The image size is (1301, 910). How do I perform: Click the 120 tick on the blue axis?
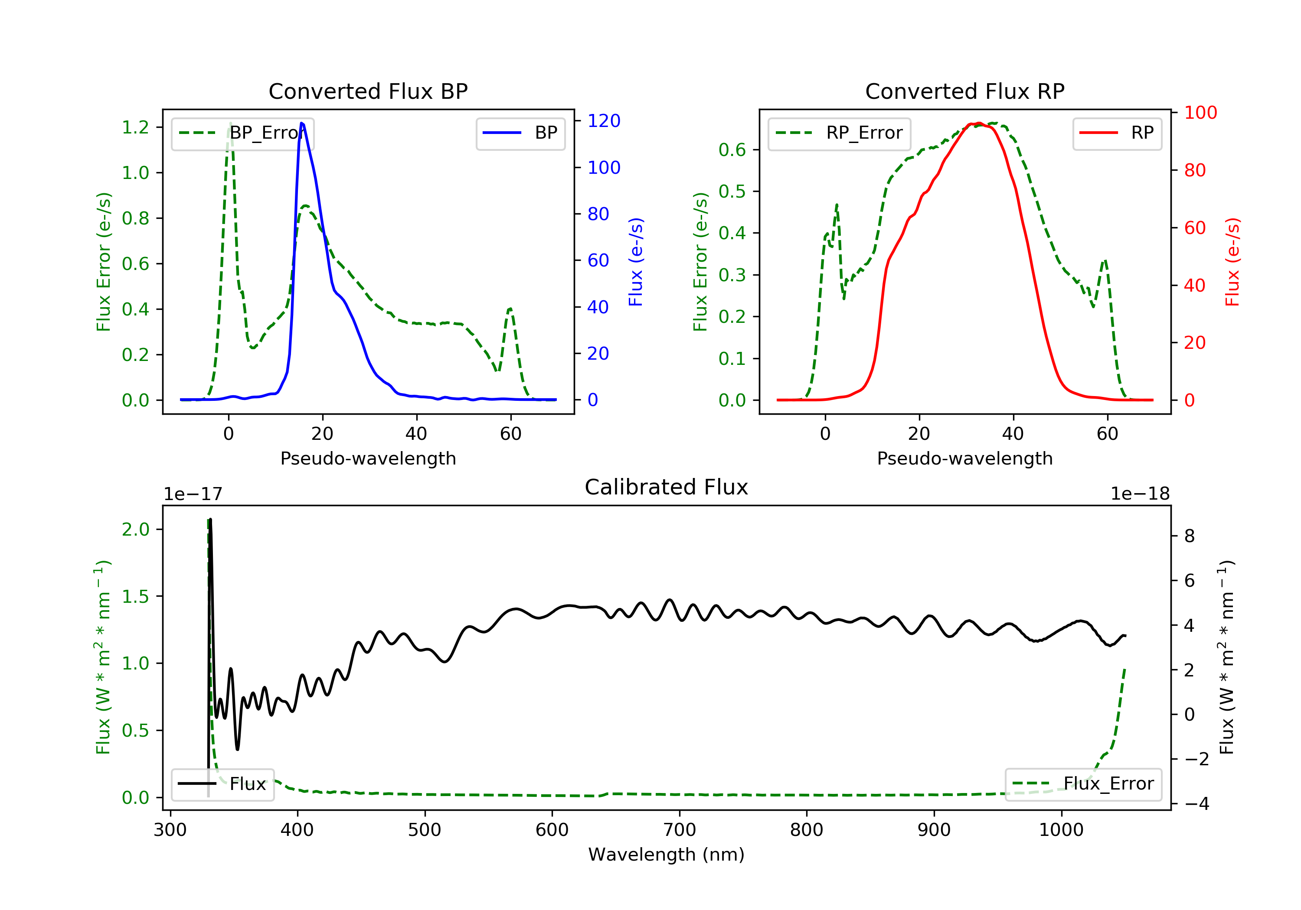(x=604, y=120)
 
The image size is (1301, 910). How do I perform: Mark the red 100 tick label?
(x=1200, y=113)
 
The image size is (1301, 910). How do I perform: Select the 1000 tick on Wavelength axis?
(x=1061, y=830)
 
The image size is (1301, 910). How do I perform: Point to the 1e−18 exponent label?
(x=1140, y=494)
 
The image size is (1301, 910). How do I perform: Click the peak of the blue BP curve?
(x=301, y=123)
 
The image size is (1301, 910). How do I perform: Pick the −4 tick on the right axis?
(x=1196, y=804)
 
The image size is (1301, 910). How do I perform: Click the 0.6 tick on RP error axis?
(x=732, y=150)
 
